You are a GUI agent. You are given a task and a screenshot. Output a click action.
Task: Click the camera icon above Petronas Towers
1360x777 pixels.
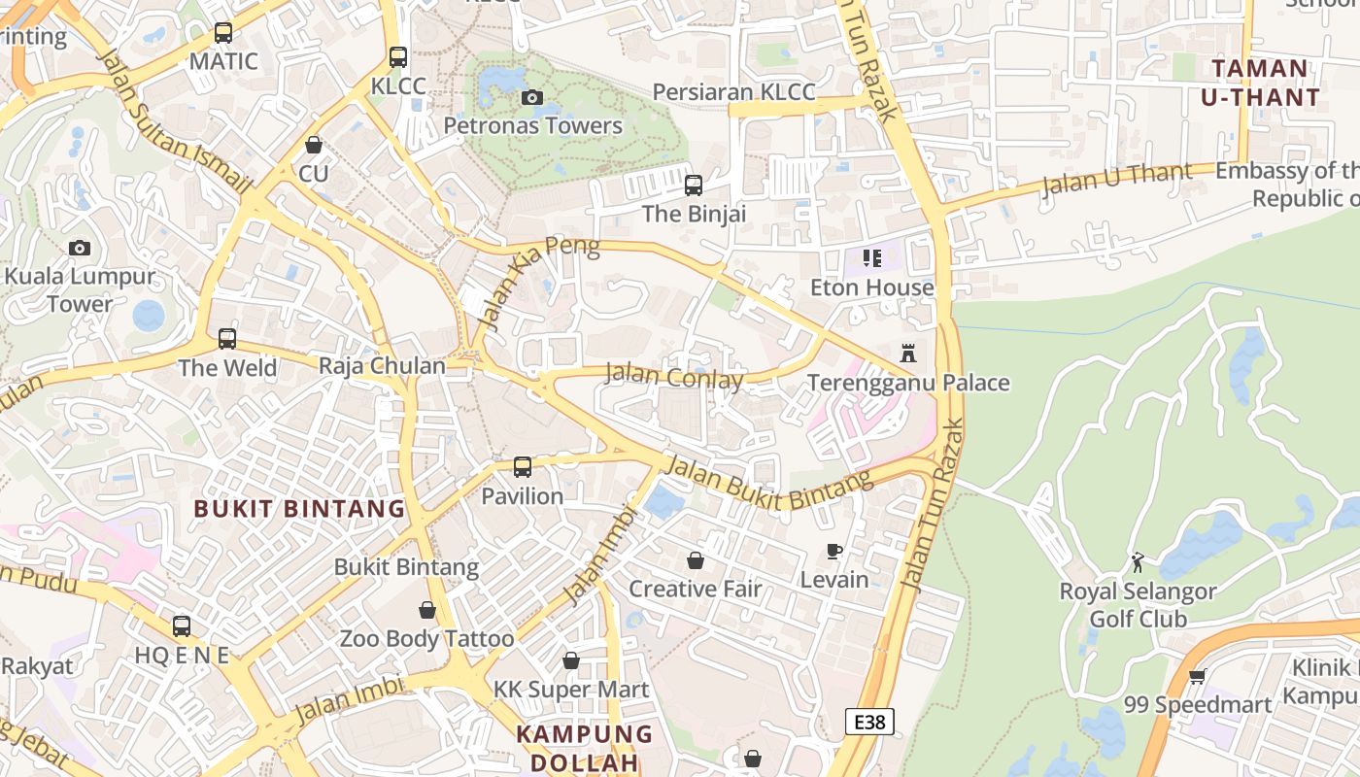coord(531,97)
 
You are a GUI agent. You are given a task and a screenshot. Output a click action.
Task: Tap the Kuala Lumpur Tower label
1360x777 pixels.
coord(80,289)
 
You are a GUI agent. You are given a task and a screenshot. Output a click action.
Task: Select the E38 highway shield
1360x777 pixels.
coord(868,722)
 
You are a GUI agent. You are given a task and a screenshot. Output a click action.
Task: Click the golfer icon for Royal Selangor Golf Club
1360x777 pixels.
coord(1138,562)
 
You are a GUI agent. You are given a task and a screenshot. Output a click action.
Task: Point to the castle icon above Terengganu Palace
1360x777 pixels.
coord(908,354)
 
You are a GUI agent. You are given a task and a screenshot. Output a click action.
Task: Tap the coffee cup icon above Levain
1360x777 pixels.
coord(833,552)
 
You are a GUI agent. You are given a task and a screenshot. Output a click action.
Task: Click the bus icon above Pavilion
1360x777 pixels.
coord(523,467)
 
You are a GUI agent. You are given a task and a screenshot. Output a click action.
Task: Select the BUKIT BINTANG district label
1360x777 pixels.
coord(299,508)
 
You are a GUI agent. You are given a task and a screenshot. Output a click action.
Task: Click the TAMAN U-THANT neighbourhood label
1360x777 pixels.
coord(1260,83)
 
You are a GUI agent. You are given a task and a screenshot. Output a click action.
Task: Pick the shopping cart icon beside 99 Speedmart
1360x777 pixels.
coord(1197,676)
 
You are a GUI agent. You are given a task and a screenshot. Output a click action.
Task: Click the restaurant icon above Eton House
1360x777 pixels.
coord(872,258)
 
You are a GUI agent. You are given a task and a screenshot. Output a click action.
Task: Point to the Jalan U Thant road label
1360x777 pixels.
coord(1116,180)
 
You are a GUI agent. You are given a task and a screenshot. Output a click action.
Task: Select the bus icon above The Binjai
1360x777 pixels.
coord(694,185)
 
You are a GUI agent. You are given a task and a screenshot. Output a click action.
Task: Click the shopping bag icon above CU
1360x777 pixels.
coord(314,146)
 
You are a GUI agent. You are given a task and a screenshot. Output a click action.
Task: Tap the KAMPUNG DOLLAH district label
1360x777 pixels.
coord(585,748)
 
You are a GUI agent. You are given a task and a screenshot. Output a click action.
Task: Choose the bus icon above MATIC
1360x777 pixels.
coord(223,33)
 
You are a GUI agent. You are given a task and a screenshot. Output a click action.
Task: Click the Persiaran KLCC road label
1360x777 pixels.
coord(733,92)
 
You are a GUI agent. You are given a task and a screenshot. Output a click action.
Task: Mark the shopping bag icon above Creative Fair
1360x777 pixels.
coord(696,560)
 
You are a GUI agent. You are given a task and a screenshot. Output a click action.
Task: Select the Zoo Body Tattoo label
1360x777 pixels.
coord(426,639)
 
